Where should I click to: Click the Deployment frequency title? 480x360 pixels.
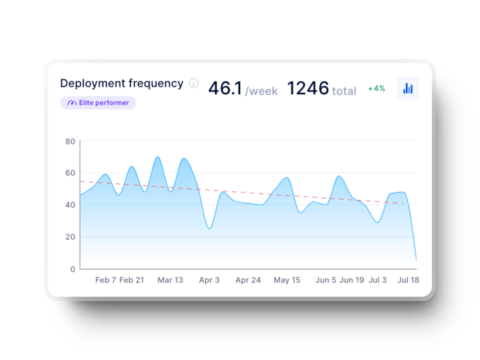(x=121, y=84)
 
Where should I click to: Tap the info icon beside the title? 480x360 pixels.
(x=193, y=84)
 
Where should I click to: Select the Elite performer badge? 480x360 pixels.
(x=98, y=103)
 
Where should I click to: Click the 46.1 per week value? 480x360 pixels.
(x=243, y=89)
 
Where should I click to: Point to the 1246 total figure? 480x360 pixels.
(x=322, y=89)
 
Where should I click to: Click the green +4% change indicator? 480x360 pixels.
(x=376, y=89)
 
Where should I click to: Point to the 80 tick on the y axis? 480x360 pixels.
(x=70, y=141)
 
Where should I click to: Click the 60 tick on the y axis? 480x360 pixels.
(x=70, y=173)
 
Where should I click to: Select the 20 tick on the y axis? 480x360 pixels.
(x=70, y=237)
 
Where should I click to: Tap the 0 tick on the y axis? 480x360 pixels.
(x=72, y=269)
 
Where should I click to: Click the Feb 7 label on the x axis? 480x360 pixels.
(x=106, y=280)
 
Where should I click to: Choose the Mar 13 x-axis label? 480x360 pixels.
(x=170, y=280)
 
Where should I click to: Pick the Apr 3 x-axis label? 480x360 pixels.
(x=209, y=280)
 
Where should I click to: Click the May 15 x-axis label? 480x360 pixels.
(x=287, y=280)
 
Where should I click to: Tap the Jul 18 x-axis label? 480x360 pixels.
(x=408, y=280)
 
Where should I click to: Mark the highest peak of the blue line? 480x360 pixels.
(x=158, y=157)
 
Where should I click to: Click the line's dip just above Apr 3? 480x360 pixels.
(x=209, y=229)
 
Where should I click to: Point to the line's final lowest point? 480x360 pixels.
(x=416, y=261)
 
